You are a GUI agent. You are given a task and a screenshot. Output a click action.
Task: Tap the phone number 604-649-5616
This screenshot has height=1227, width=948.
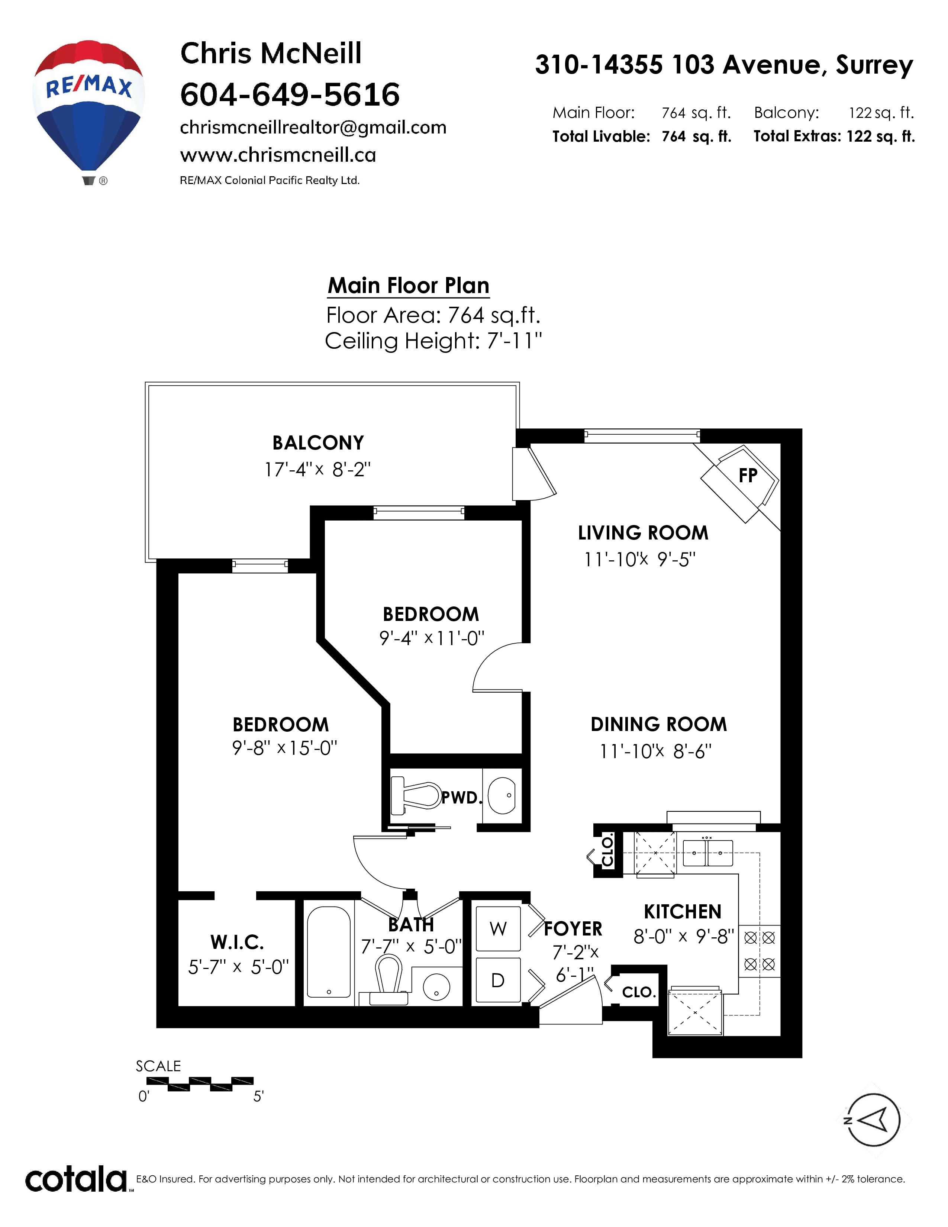pyautogui.click(x=290, y=94)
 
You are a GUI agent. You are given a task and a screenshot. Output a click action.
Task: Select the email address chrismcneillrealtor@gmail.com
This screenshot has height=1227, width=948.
pyautogui.click(x=313, y=128)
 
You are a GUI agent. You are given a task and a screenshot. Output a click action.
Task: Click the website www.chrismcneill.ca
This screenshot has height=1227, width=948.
pyautogui.click(x=278, y=155)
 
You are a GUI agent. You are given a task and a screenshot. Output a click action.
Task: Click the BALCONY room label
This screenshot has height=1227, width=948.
pyautogui.click(x=318, y=443)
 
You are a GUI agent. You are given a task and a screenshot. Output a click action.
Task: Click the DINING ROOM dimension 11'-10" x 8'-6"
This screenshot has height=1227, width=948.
pyautogui.click(x=655, y=751)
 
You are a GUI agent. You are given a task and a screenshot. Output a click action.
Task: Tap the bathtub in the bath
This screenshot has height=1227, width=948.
pyautogui.click(x=329, y=953)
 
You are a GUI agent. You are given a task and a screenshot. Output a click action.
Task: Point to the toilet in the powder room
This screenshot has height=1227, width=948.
pyautogui.click(x=416, y=795)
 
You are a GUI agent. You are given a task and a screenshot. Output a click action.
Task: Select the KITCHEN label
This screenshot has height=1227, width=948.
pyautogui.click(x=682, y=912)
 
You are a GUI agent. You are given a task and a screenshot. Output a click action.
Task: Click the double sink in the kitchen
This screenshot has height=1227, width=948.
pyautogui.click(x=707, y=853)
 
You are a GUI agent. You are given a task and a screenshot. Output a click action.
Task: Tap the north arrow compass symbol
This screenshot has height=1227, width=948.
pyautogui.click(x=873, y=1120)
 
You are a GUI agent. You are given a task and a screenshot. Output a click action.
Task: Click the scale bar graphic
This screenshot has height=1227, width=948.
pyautogui.click(x=199, y=1084)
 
